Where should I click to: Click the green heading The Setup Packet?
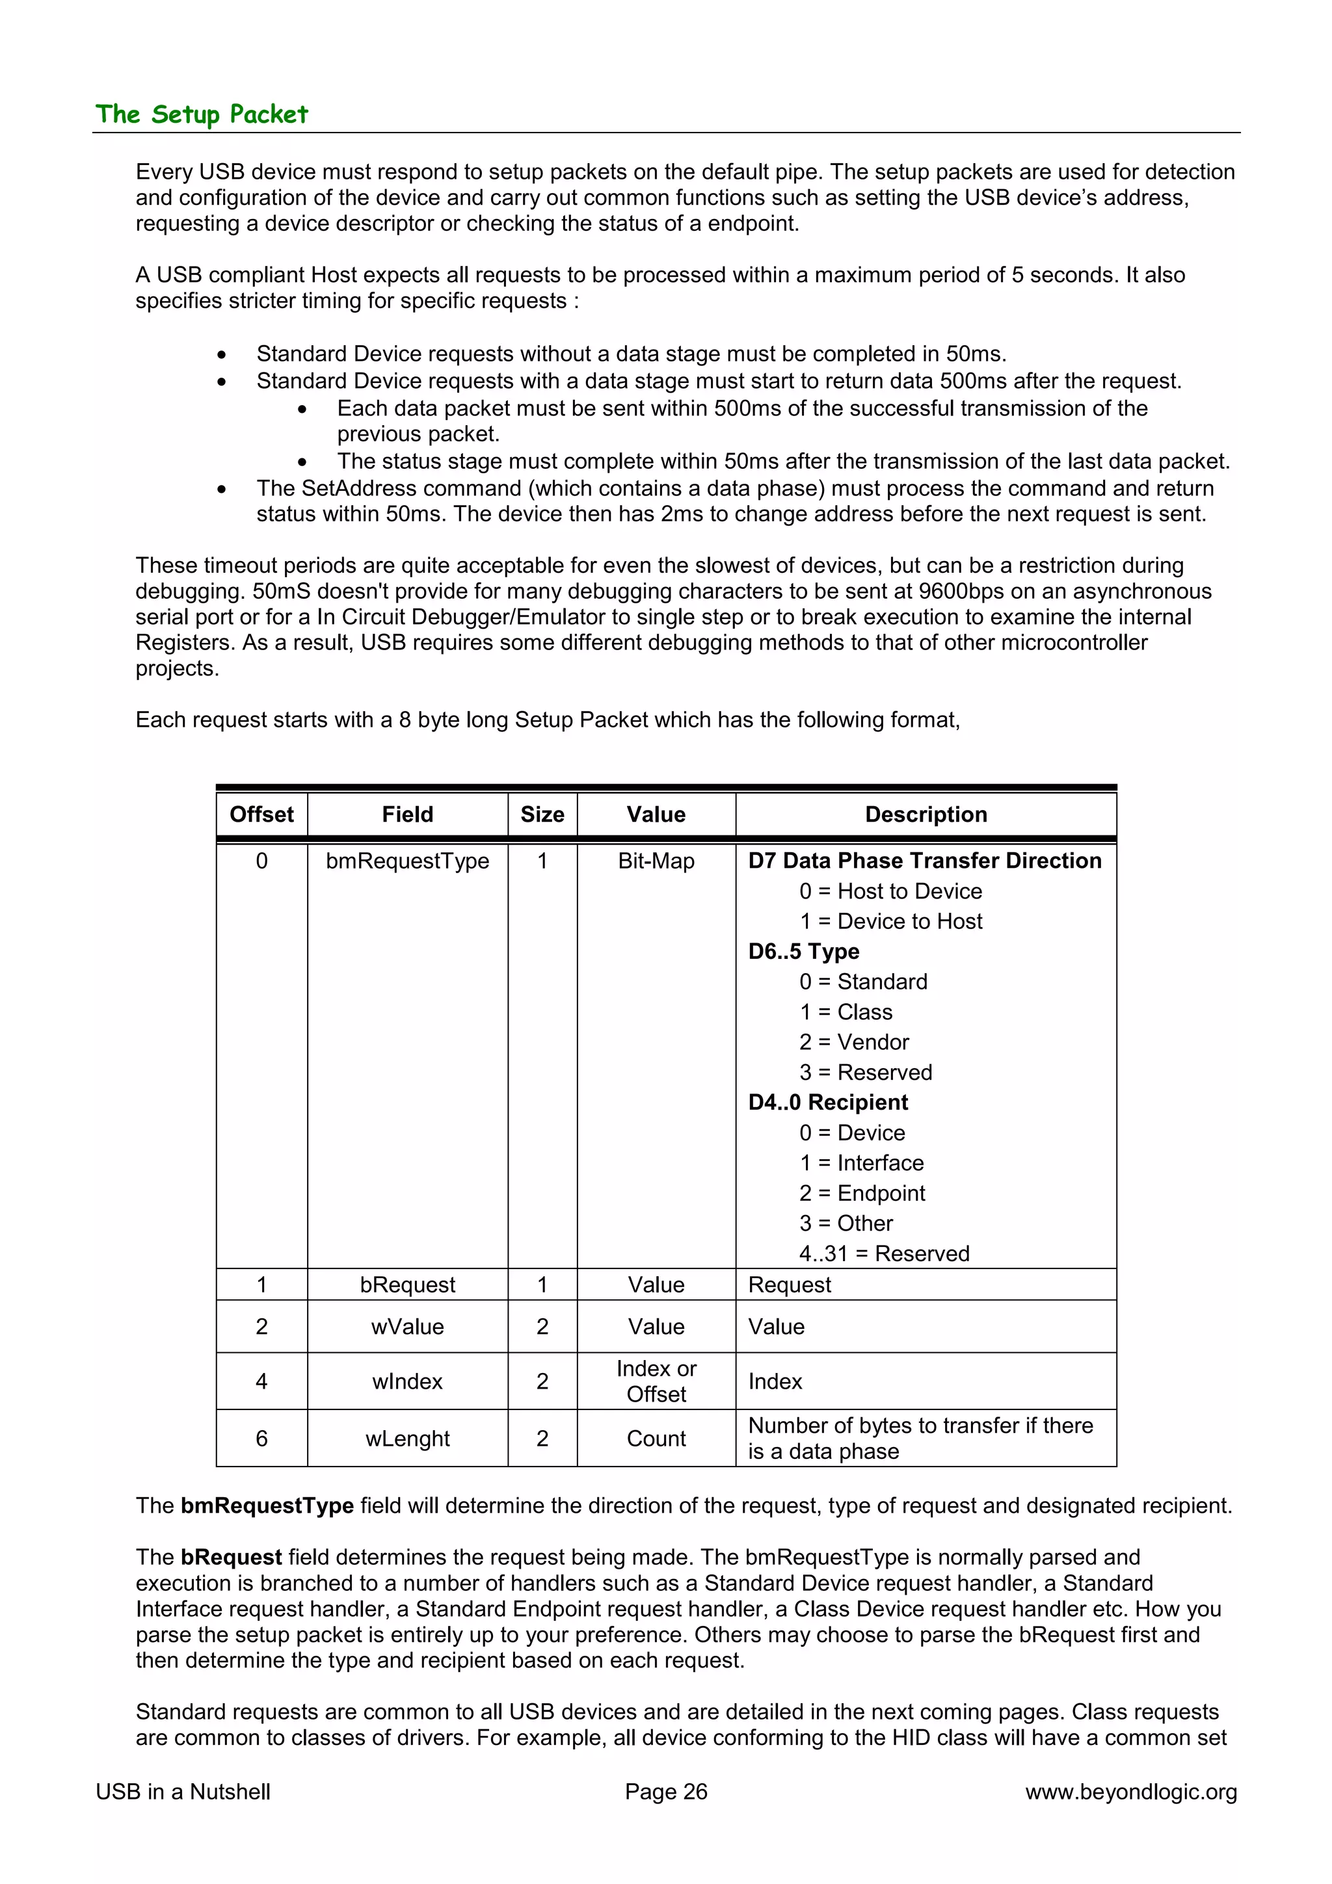click(201, 114)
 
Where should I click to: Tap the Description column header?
click(926, 814)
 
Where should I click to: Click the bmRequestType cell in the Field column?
click(407, 861)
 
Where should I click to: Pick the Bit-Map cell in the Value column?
click(656, 861)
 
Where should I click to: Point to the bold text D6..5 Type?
click(803, 951)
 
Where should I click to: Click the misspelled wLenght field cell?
click(407, 1439)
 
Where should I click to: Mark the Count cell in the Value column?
click(656, 1439)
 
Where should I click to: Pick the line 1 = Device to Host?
click(890, 921)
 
